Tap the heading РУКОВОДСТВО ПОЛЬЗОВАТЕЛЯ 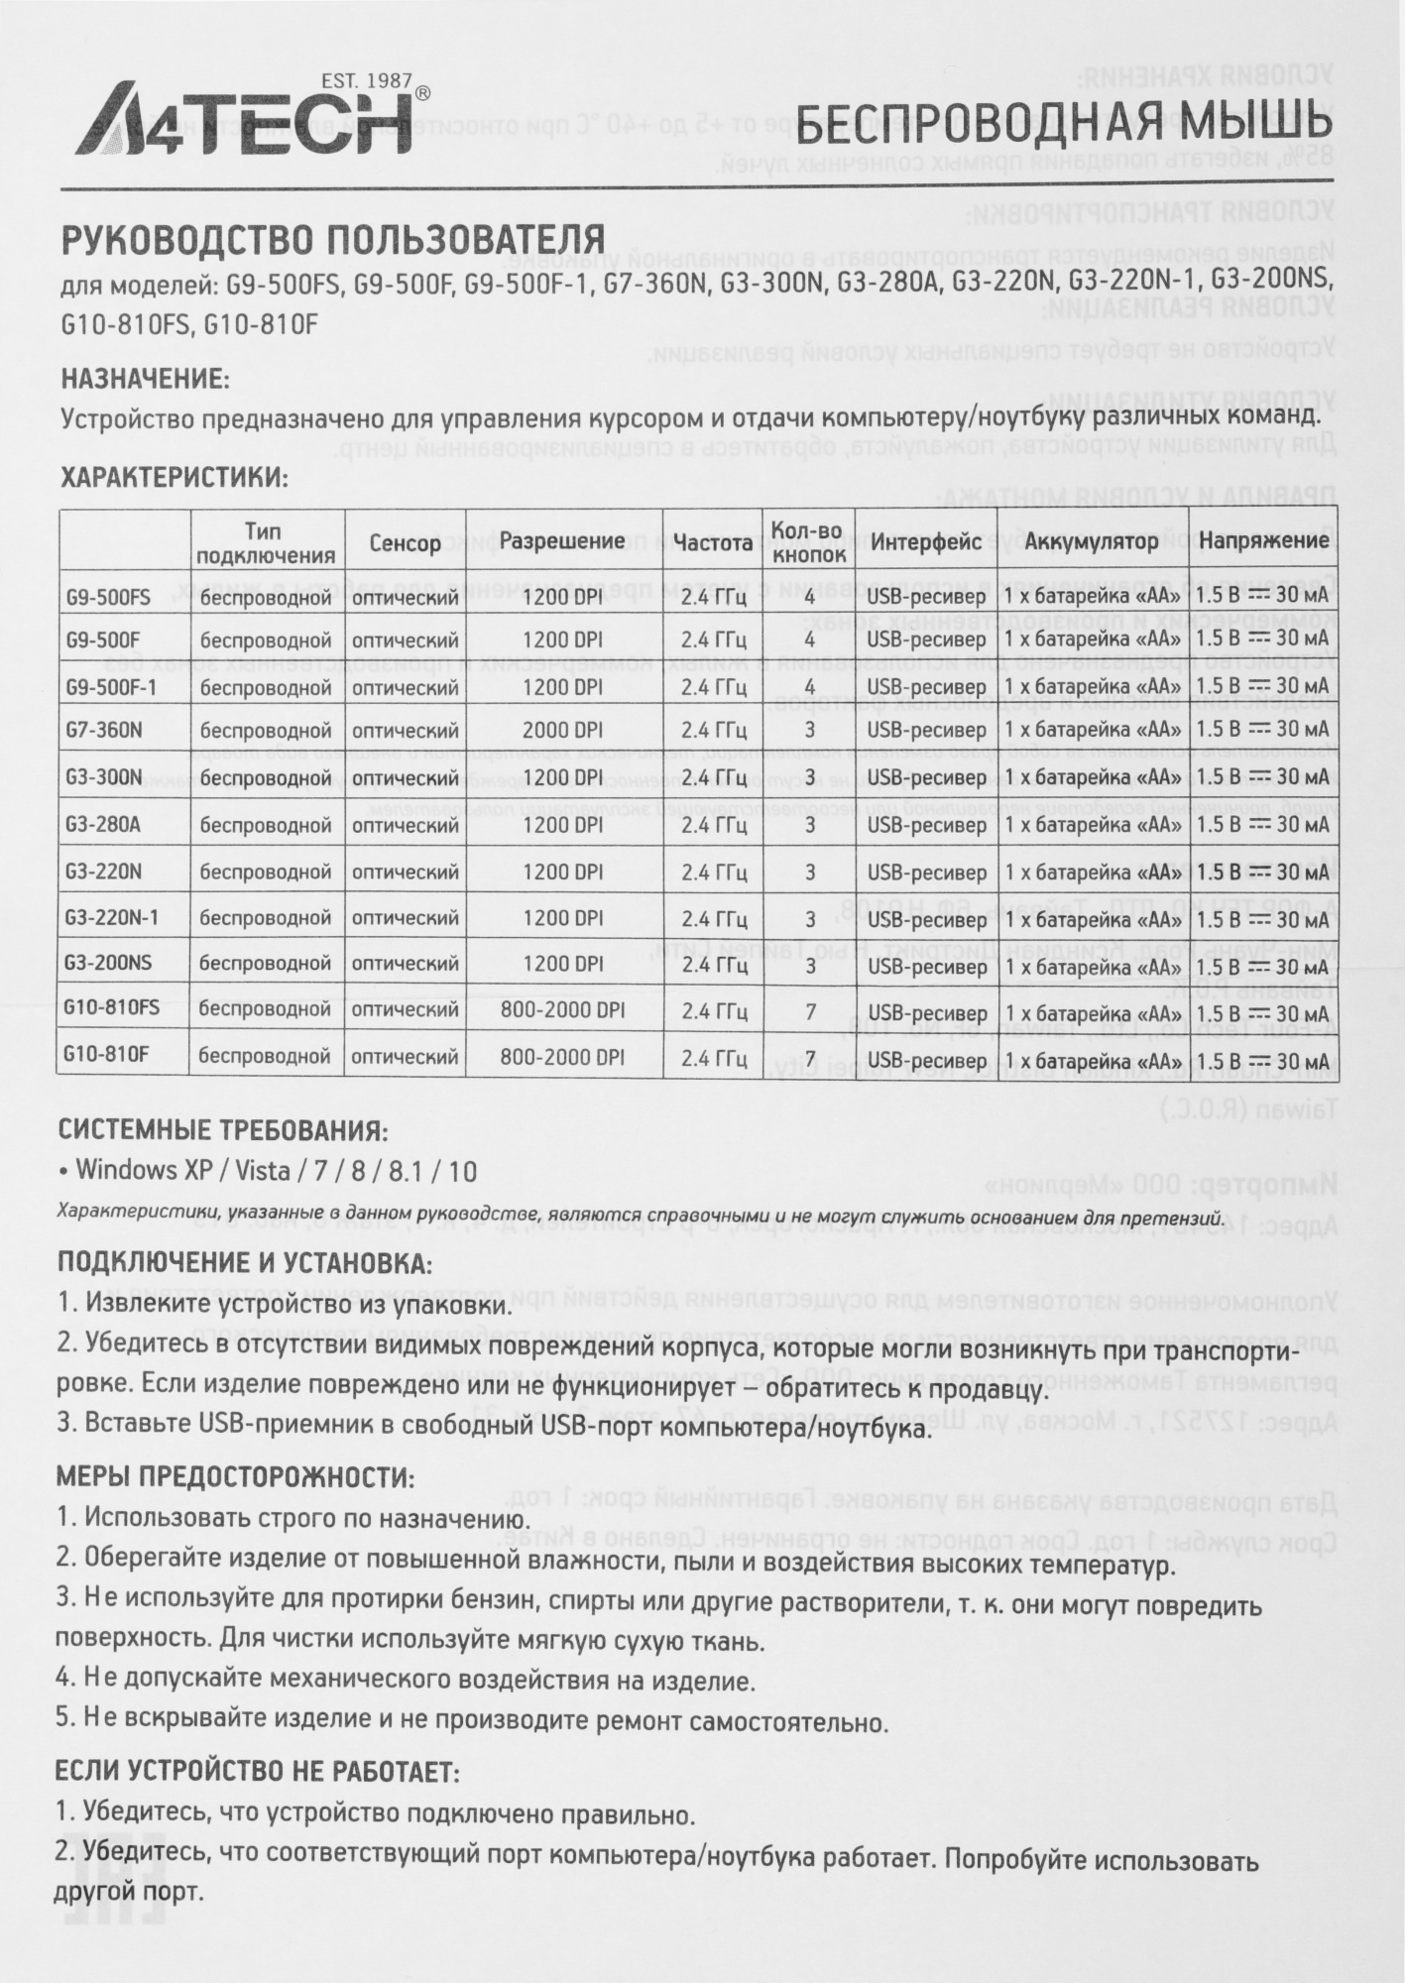(x=333, y=239)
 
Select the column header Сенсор (x=405, y=543)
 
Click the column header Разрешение (x=562, y=541)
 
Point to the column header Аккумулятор (x=1091, y=541)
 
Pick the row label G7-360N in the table (x=103, y=731)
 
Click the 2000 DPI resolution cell (x=562, y=731)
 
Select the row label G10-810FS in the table (x=111, y=1008)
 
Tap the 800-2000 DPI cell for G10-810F (x=562, y=1057)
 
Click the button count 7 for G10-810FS (x=810, y=1011)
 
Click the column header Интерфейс (x=926, y=541)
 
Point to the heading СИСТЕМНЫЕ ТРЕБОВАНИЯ (x=222, y=1130)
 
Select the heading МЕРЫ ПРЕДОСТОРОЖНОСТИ (x=235, y=1476)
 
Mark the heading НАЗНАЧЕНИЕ (x=145, y=379)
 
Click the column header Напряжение (x=1263, y=541)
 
